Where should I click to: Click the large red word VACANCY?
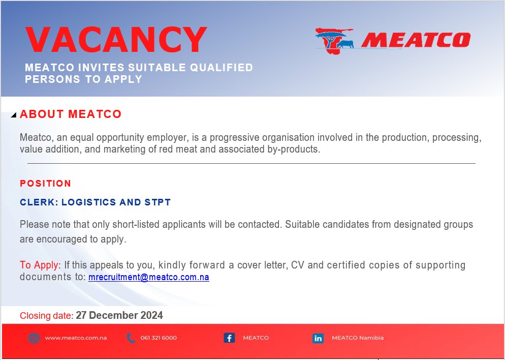pyautogui.click(x=116, y=39)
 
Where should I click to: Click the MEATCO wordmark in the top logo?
pyautogui.click(x=416, y=40)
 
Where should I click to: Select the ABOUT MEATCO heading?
pyautogui.click(x=71, y=114)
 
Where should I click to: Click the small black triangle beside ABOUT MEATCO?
pyautogui.click(x=14, y=115)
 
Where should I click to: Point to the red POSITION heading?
pyautogui.click(x=46, y=184)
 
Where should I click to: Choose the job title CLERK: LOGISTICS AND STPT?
pyautogui.click(x=95, y=202)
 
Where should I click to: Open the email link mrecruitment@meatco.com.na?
pyautogui.click(x=149, y=278)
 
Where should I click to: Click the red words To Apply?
pyautogui.click(x=39, y=265)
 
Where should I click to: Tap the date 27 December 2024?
pyautogui.click(x=119, y=315)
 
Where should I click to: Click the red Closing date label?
pyautogui.click(x=46, y=316)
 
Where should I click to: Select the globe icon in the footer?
pyautogui.click(x=34, y=338)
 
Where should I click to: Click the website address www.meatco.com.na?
pyautogui.click(x=76, y=338)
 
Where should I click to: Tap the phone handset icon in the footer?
pyautogui.click(x=131, y=338)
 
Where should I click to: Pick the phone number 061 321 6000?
pyautogui.click(x=159, y=338)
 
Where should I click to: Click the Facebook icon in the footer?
pyautogui.click(x=229, y=338)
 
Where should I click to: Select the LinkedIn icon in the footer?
pyautogui.click(x=318, y=338)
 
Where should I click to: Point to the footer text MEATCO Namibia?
pyautogui.click(x=358, y=338)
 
